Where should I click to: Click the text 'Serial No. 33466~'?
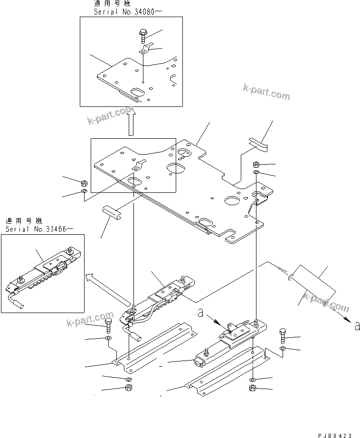39,229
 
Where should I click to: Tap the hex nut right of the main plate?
256,164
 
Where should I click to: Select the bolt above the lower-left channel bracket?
109,326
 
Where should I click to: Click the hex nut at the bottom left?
128,388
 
